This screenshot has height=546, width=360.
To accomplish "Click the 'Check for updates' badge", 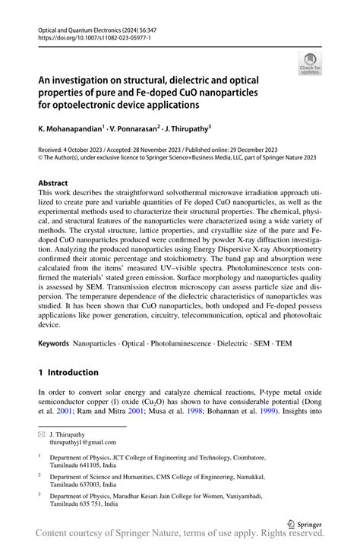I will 310,66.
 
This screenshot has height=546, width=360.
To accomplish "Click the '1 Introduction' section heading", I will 68,372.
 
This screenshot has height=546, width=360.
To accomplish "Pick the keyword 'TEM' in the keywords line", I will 283,344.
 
